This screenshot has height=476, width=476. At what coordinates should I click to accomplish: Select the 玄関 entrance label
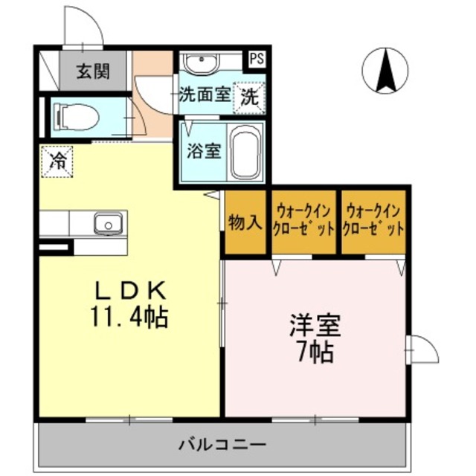93,71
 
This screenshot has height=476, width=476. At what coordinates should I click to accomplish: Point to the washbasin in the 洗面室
202,62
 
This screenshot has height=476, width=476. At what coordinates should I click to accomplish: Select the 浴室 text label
203,150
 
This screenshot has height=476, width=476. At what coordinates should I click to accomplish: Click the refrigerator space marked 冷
57,160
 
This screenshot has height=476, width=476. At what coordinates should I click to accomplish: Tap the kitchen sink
107,222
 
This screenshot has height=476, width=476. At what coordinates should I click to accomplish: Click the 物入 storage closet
245,222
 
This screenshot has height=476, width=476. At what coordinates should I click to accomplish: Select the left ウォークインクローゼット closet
303,221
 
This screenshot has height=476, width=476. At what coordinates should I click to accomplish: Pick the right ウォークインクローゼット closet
374,221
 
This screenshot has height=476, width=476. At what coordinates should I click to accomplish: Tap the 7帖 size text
315,353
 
